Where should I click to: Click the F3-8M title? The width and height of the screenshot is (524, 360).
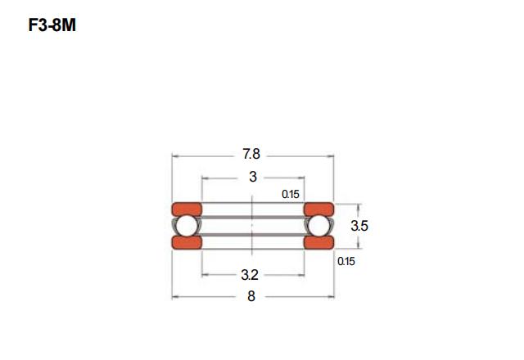point(52,25)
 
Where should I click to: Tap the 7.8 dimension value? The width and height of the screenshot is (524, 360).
point(251,155)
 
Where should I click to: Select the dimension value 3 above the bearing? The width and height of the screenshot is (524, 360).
point(253,177)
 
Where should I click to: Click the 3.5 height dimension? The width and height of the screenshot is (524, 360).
point(359,226)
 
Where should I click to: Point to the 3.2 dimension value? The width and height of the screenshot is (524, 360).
point(250,275)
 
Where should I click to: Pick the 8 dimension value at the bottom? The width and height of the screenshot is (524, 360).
point(251,296)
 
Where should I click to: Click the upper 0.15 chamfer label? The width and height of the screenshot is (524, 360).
point(291,194)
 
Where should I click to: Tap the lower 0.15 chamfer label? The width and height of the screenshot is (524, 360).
point(346,261)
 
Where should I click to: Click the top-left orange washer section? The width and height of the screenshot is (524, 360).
point(187,209)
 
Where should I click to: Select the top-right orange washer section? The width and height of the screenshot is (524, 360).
point(318,209)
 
